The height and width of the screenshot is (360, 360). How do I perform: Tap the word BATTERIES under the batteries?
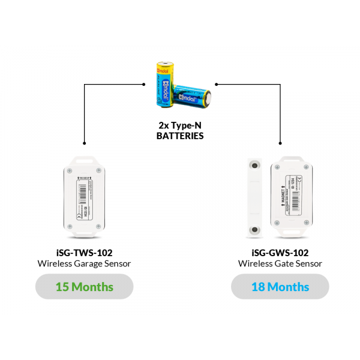coord(180,136)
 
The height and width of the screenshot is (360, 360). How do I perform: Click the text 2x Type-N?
coord(180,126)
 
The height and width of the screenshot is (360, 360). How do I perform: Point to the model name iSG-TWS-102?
coord(84,253)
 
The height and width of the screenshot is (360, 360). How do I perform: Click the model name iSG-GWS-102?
coord(280,253)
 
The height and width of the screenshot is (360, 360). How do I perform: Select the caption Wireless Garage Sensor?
coord(84,263)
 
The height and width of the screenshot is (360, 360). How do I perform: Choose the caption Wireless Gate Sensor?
coord(280,263)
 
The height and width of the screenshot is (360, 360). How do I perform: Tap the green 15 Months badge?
coord(84,287)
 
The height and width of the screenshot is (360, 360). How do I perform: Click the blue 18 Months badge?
coord(280,287)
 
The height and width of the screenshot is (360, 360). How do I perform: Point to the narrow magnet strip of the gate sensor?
coord(256,196)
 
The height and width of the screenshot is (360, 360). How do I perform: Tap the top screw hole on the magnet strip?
coord(256,164)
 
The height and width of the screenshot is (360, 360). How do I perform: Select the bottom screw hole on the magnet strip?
coord(256,229)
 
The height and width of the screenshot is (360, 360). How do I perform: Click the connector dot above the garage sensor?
coord(84,143)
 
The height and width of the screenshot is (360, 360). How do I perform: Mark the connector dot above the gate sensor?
coord(280,143)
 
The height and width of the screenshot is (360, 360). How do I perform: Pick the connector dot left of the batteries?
coord(145,85)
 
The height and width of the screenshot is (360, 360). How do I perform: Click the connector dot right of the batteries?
coord(216,85)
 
